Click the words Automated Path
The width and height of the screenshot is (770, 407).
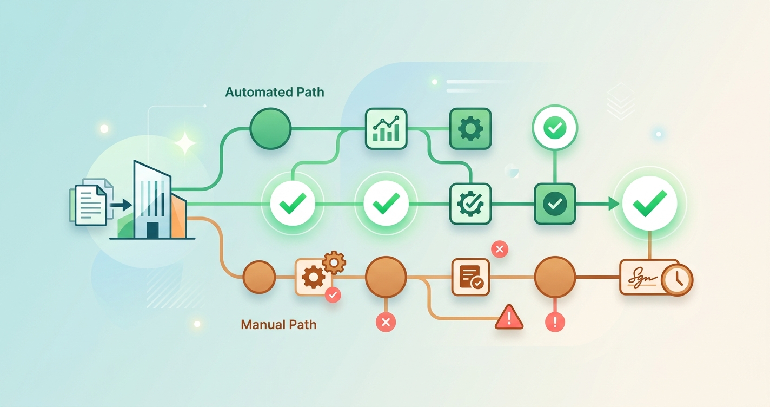275,92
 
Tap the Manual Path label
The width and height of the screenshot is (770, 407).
278,325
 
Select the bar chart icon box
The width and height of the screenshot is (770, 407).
386,128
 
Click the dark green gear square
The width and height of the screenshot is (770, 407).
470,128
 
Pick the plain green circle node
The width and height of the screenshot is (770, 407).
270,128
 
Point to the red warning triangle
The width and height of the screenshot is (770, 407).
509,317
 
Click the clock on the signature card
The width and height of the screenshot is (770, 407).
677,279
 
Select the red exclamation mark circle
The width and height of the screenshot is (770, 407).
555,323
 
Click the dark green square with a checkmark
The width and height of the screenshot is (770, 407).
555,203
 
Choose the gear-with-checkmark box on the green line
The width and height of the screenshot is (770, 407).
470,203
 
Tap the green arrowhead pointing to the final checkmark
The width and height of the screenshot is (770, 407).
613,203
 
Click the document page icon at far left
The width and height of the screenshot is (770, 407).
90,205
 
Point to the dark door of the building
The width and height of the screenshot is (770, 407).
152,231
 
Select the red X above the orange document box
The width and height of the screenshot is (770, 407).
499,250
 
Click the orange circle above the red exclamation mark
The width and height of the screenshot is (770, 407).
555,277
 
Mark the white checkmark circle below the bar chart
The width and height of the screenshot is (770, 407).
386,203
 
